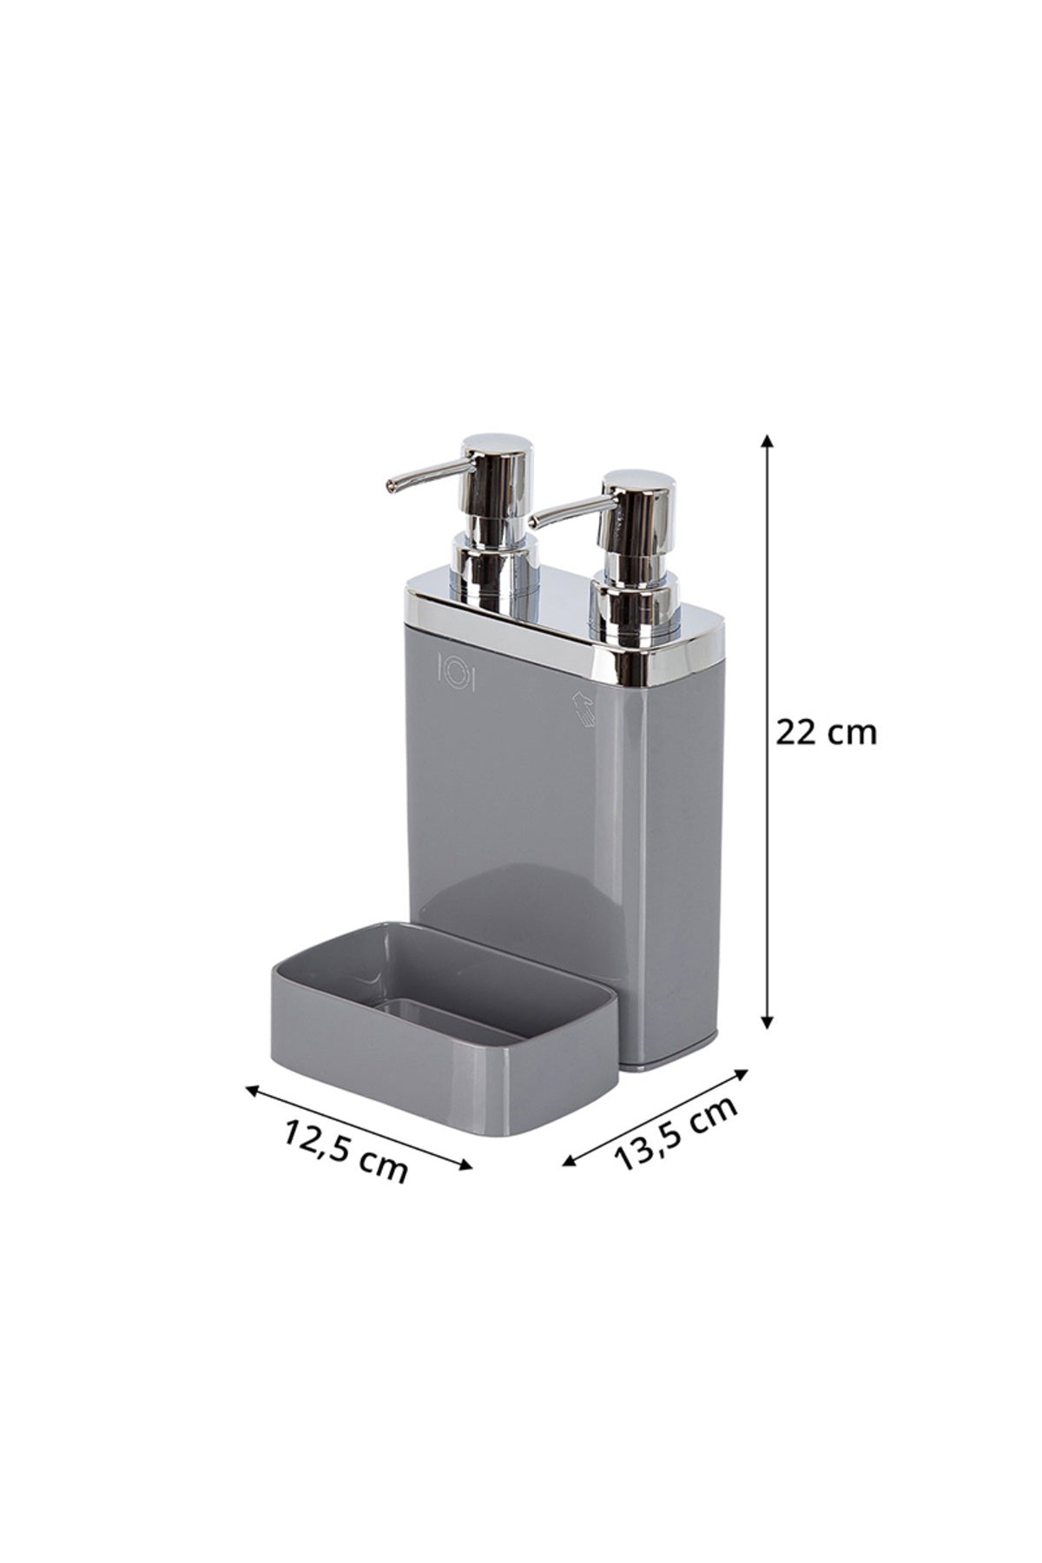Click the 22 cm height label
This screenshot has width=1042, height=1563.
pos(826,733)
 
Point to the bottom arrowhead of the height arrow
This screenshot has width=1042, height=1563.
pos(767,1021)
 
